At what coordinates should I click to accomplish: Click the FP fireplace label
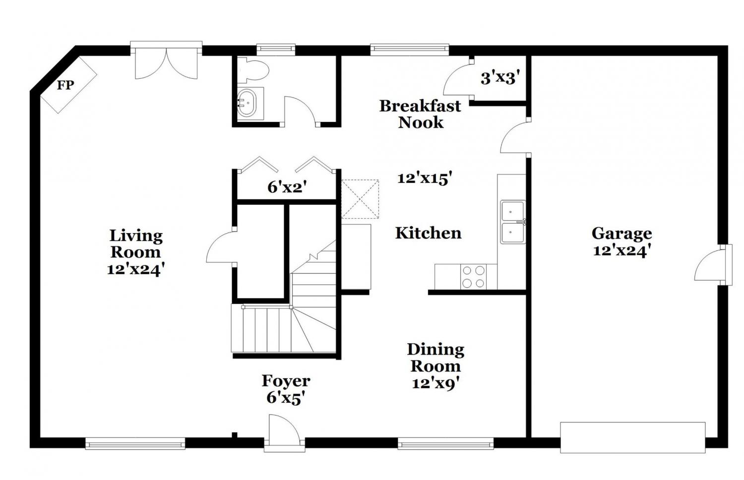tap(65, 85)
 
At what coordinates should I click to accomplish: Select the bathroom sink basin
tap(248, 103)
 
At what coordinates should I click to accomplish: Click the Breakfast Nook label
tap(420, 114)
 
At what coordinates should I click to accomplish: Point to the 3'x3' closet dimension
tap(499, 79)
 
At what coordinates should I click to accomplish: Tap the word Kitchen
tap(428, 233)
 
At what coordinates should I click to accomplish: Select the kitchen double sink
tap(513, 222)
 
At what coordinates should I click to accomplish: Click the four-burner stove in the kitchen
tap(473, 277)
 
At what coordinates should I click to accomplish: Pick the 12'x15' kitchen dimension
tap(425, 178)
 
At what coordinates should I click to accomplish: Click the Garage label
tap(621, 234)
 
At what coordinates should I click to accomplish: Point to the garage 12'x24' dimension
tap(621, 251)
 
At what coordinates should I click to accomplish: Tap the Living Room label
tap(136, 243)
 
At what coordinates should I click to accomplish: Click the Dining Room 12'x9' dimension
tap(436, 384)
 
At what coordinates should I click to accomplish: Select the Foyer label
tap(286, 381)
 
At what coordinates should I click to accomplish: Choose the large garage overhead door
tap(633, 437)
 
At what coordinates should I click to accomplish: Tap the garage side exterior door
tap(713, 265)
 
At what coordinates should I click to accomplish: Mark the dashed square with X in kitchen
tap(360, 199)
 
